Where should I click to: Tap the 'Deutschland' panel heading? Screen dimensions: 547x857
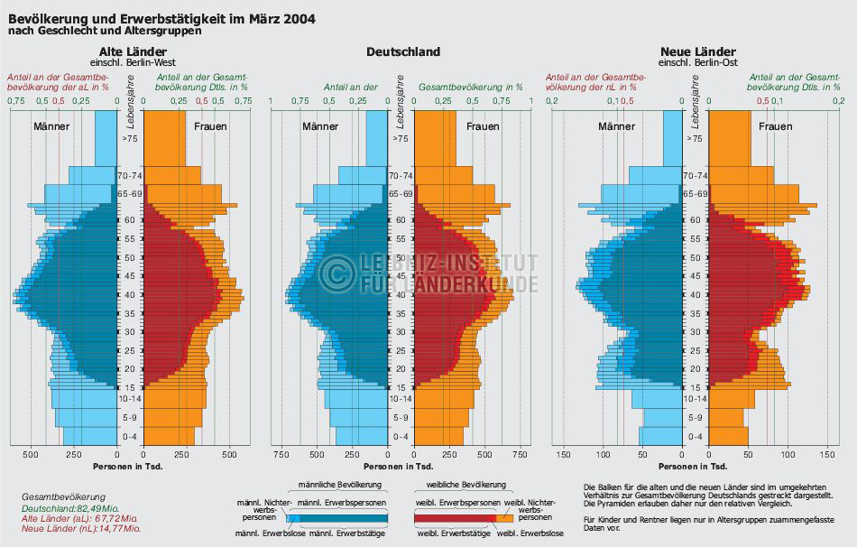click(403, 52)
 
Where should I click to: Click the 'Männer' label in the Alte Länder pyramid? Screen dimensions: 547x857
click(51, 126)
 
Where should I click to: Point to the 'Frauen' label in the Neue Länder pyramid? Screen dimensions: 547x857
click(776, 126)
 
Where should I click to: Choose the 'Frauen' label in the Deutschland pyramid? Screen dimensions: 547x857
click(483, 126)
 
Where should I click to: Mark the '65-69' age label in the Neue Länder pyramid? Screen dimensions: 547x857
click(695, 193)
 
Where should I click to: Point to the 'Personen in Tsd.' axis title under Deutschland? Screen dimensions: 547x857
click(403, 467)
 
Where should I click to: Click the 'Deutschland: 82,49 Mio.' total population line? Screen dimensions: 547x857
click(58, 508)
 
